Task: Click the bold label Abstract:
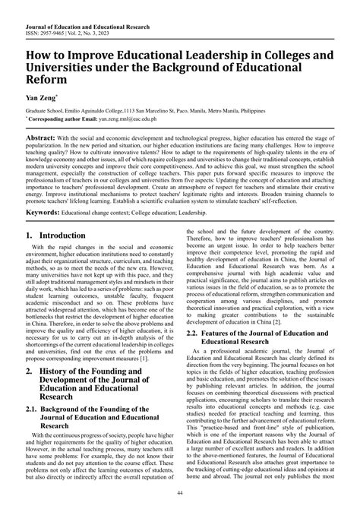(41, 138)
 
